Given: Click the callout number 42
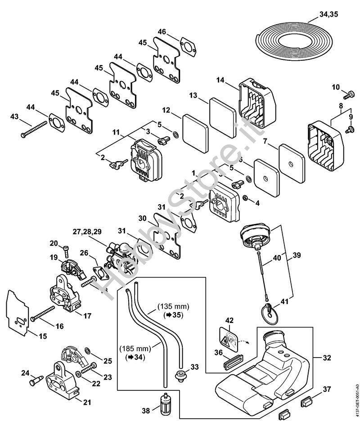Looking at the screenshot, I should click(229, 321).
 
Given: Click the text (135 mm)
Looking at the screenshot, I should click(173, 307).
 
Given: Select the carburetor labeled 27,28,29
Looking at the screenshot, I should click(119, 257).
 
